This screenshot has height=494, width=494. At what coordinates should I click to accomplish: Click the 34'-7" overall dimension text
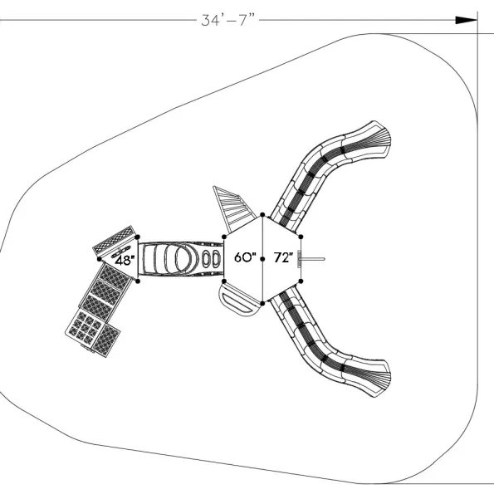pos(228,20)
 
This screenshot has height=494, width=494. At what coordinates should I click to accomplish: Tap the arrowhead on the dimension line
pos(467,20)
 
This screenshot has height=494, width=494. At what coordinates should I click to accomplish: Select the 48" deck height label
pos(125,261)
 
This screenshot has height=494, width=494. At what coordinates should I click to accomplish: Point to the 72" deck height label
pos(283,257)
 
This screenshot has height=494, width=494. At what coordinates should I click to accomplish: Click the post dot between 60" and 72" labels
pos(262,259)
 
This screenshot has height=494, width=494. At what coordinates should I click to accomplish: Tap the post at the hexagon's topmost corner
pos(262,215)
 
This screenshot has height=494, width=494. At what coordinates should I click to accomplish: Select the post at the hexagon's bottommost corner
pos(262,303)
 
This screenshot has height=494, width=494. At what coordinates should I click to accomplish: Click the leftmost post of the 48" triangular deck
pos(100,259)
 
